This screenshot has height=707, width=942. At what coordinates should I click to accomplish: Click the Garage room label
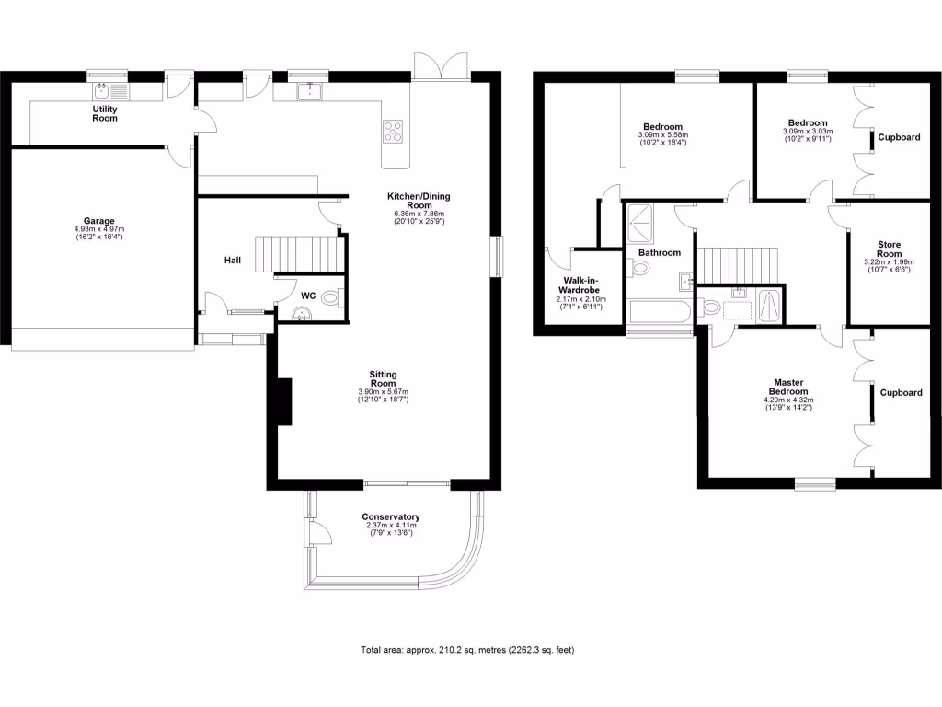coord(99,221)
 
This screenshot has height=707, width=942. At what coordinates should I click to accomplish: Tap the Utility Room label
coord(105,113)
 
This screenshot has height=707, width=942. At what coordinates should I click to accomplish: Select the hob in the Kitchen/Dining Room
coord(393,132)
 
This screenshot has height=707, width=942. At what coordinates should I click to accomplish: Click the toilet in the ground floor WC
coord(333,296)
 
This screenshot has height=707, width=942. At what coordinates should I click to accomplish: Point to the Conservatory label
coord(391,517)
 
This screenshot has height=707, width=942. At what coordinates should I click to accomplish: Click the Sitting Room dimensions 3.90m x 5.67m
coord(383,393)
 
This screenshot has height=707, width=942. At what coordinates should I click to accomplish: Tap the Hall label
coord(233,261)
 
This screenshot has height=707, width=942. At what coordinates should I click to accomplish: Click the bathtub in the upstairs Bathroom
coord(659,311)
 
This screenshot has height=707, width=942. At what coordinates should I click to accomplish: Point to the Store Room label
coord(889,249)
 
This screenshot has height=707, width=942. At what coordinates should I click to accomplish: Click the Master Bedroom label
coord(789,388)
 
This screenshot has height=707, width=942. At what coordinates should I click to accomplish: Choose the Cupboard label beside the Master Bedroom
coord(901,393)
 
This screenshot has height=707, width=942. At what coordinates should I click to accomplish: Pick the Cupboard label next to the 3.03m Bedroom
coord(899,137)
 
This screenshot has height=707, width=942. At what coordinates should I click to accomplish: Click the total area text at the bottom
coord(467,650)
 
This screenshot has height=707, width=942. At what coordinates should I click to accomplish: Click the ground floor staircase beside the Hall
coord(295,252)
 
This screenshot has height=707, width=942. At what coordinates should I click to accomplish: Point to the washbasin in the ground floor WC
coord(302,315)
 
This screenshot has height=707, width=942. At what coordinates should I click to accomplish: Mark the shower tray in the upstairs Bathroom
coord(639,221)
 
